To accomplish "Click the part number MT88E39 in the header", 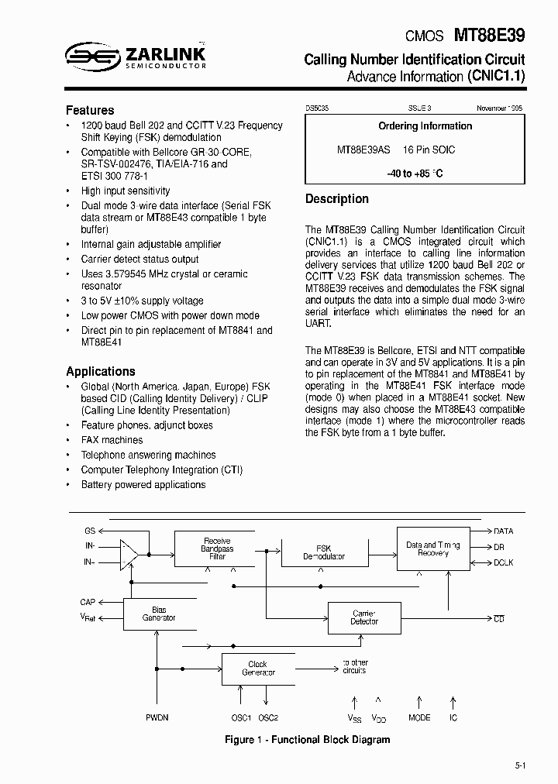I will tap(488, 35).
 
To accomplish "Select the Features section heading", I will tap(90, 110).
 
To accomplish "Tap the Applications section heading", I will tap(101, 371).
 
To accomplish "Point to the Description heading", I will tap(337, 199).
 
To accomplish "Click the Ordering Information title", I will tap(425, 126).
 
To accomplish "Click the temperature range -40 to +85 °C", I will tap(415, 174).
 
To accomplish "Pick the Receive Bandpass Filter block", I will tap(217, 548).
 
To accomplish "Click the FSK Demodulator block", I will tap(324, 552).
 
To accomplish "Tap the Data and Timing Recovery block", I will tap(432, 549).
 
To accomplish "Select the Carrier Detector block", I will tap(364, 617).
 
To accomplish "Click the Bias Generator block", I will tap(159, 614).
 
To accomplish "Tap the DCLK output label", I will tap(503, 563).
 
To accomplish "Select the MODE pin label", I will tap(419, 718).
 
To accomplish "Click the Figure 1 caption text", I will tap(307, 740).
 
